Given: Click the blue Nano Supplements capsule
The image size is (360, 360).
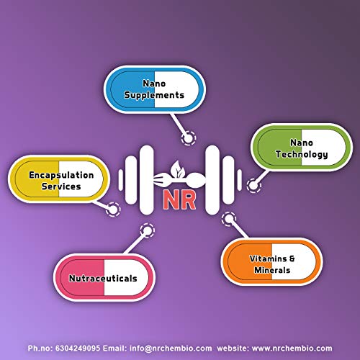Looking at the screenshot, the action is tap(155, 89).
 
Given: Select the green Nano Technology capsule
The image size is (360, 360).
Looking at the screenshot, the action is tap(302, 148).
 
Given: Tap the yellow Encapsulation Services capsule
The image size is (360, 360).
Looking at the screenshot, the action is tap(59, 179).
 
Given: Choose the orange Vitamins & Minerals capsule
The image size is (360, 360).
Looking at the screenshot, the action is tap(271, 261).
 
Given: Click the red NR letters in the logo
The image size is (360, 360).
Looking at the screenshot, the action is tap(179, 199).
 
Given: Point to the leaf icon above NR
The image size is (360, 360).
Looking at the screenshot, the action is tap(177, 169).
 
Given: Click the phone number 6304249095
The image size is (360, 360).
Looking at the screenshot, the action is tap(78, 348).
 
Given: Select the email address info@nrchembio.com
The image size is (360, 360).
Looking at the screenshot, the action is tap(171, 348).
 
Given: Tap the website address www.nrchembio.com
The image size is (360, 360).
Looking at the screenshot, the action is tap(292, 348).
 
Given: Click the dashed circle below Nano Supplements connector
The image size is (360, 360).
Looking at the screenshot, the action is tap(189, 138).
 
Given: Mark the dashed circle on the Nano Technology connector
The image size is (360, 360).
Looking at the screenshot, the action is tap(254, 185).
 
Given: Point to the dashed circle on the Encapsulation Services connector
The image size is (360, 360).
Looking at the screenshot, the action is tap(113, 210).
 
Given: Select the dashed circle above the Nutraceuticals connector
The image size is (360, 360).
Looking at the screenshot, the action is tap(147, 230).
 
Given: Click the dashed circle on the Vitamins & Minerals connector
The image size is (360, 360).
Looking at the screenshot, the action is tap(229, 219).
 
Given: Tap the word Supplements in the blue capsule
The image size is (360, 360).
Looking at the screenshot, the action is tap(154, 95).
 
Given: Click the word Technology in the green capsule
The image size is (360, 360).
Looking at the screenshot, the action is tap(302, 154).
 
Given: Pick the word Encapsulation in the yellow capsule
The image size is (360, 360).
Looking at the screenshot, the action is tap(61, 175).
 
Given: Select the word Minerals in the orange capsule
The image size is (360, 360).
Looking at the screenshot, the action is tap(272, 270).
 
